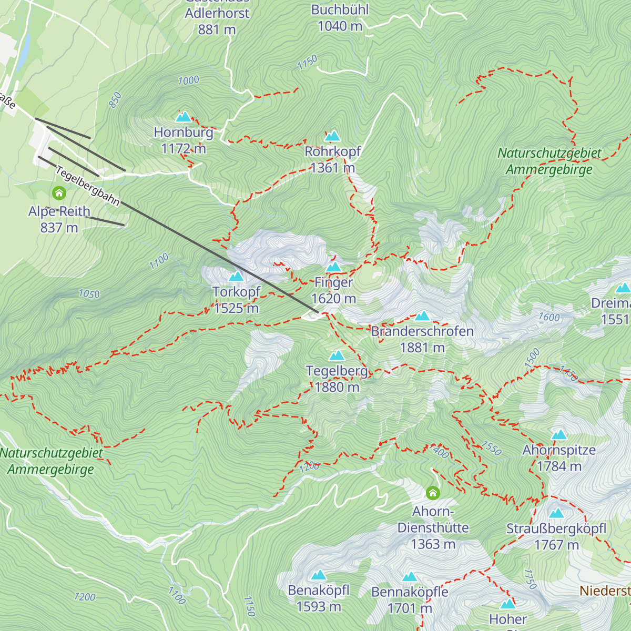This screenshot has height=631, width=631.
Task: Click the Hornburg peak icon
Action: pyautogui.click(x=184, y=117)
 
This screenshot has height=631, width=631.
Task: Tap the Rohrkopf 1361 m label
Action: pyautogui.click(x=333, y=160)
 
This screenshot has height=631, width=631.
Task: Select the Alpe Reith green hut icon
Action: pyautogui.click(x=59, y=194)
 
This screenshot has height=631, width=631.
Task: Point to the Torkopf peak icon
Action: pyautogui.click(x=236, y=276)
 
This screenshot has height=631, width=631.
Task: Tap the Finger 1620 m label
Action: pyautogui.click(x=333, y=290)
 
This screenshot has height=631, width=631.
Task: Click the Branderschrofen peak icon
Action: pyautogui.click(x=422, y=316)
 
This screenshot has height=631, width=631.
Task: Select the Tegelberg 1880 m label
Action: pyautogui.click(x=337, y=379)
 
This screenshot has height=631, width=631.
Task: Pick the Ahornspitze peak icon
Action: pyautogui.click(x=559, y=435)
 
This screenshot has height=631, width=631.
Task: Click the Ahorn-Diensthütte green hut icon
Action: pyautogui.click(x=433, y=493)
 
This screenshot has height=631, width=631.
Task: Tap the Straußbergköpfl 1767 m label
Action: pyautogui.click(x=556, y=537)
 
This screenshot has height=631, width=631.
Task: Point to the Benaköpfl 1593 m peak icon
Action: pyautogui.click(x=319, y=575)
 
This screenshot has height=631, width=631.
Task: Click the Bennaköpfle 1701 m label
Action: pyautogui.click(x=410, y=600)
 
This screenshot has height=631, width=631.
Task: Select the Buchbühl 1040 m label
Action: pyautogui.click(x=340, y=18)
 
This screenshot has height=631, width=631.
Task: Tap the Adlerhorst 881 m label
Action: pyautogui.click(x=217, y=21)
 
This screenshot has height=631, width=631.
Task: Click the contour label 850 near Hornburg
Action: pyautogui.click(x=115, y=100)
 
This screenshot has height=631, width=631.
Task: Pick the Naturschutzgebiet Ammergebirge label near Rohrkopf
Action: pyautogui.click(x=549, y=161)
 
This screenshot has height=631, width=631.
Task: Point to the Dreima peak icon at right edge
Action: pyautogui.click(x=623, y=288)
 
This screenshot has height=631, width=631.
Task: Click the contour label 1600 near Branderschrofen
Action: pyautogui.click(x=549, y=317)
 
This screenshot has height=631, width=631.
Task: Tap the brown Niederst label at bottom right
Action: pyautogui.click(x=605, y=591)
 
